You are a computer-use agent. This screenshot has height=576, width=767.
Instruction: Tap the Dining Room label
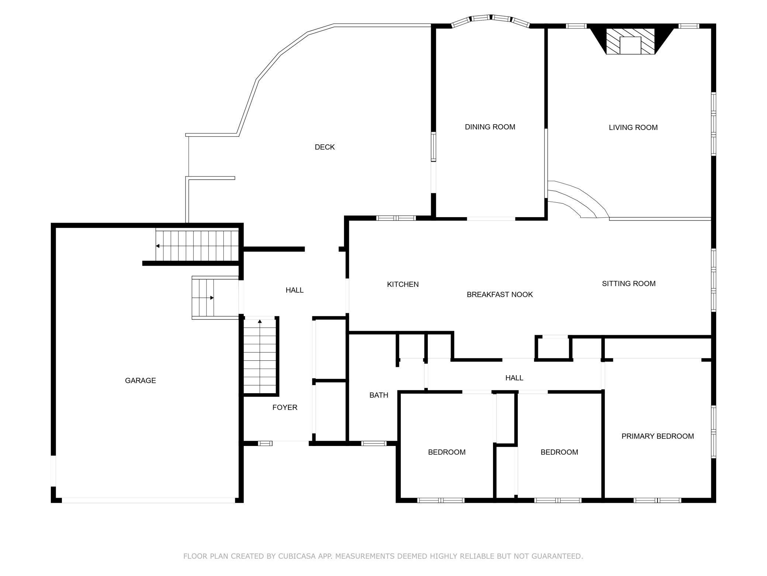click(x=490, y=127)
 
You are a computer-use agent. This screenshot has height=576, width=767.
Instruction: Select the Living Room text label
click(x=633, y=128)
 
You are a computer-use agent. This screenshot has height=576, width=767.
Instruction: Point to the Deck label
click(x=324, y=147)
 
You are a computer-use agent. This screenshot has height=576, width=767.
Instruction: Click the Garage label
click(x=140, y=380)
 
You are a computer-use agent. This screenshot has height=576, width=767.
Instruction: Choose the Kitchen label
click(x=403, y=284)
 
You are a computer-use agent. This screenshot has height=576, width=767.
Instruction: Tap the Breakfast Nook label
click(x=499, y=295)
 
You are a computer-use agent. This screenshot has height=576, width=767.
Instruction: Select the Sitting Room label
click(x=628, y=284)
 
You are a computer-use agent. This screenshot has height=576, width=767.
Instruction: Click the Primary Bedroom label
click(x=657, y=436)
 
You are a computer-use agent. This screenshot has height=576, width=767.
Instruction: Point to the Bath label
click(x=379, y=395)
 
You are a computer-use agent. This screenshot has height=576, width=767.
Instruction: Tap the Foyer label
click(x=285, y=407)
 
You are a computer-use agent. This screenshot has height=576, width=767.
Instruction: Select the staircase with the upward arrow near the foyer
click(x=260, y=356)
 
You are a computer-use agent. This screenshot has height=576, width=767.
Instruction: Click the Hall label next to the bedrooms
click(x=514, y=378)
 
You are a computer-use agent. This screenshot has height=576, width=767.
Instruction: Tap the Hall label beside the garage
click(x=294, y=290)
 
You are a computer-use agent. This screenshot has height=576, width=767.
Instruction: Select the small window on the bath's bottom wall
click(x=374, y=443)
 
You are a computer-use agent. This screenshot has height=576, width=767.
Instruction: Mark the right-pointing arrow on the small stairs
click(x=212, y=298)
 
